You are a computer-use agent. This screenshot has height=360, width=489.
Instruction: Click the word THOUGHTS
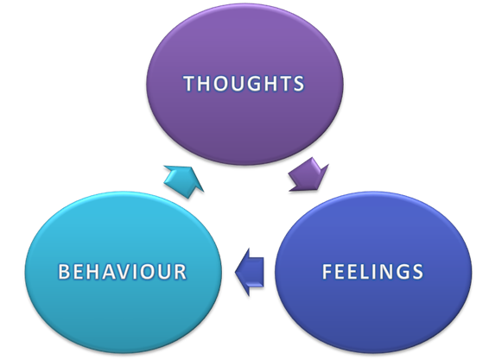tap(244, 84)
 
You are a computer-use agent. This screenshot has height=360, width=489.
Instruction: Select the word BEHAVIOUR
tap(123, 271)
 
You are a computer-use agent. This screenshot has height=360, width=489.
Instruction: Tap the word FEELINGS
tap(372, 271)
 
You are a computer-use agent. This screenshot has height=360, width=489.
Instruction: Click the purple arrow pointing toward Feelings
tap(308, 174)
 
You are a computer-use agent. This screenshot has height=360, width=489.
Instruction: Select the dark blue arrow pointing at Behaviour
tap(250, 272)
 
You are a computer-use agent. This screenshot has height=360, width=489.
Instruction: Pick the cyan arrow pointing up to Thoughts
tap(184, 181)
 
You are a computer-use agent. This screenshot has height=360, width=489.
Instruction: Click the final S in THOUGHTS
tap(298, 84)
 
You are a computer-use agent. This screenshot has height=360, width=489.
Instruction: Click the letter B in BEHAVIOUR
tap(64, 271)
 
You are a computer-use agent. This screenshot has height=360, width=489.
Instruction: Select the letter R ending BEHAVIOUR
tap(181, 271)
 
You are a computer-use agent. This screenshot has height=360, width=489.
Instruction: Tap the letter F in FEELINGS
tap(327, 271)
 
